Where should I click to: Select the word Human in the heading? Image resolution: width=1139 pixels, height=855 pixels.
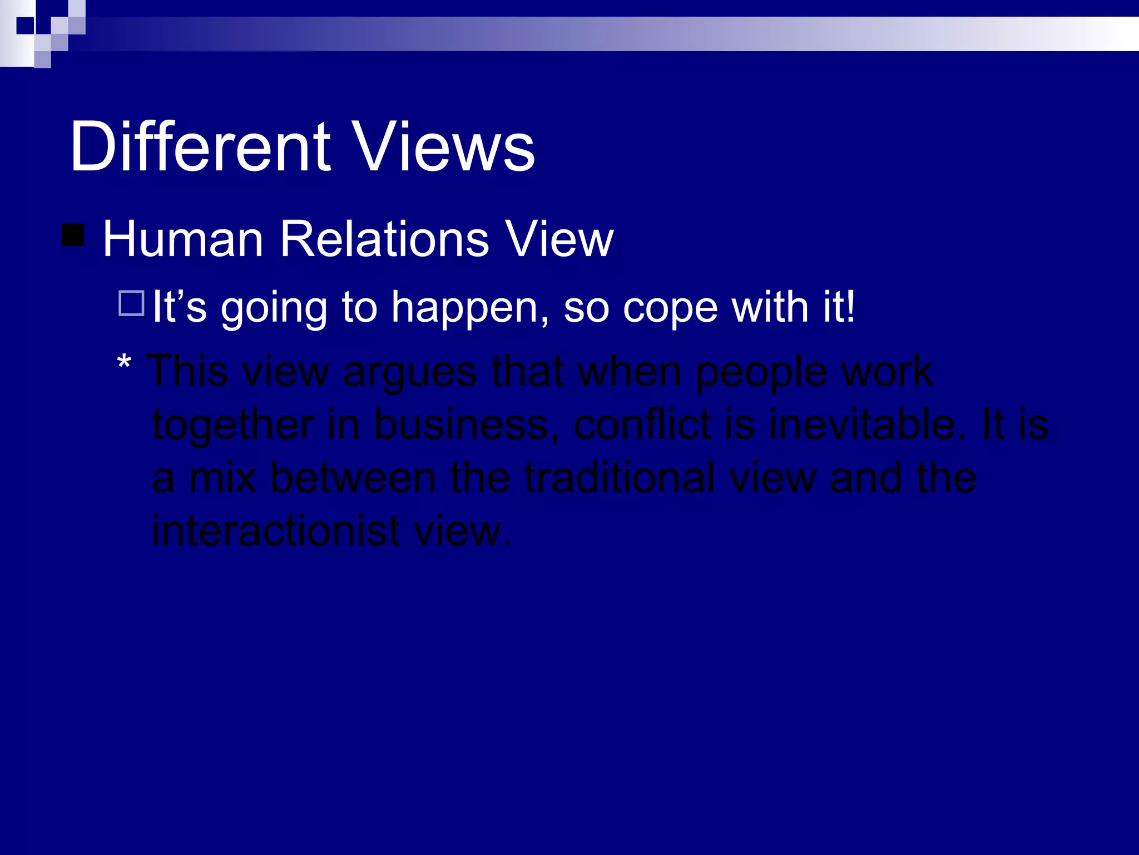point(183,239)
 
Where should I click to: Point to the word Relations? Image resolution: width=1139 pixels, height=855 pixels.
point(384,239)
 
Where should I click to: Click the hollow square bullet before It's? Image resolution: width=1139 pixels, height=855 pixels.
point(132,303)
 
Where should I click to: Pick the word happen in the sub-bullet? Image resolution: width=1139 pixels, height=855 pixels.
point(471,308)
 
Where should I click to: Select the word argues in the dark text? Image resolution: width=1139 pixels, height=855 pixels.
point(410,372)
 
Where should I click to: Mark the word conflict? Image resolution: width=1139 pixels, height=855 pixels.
point(642,425)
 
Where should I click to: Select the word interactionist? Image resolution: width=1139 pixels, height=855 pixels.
point(276,530)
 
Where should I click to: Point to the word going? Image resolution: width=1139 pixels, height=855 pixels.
point(274,308)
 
